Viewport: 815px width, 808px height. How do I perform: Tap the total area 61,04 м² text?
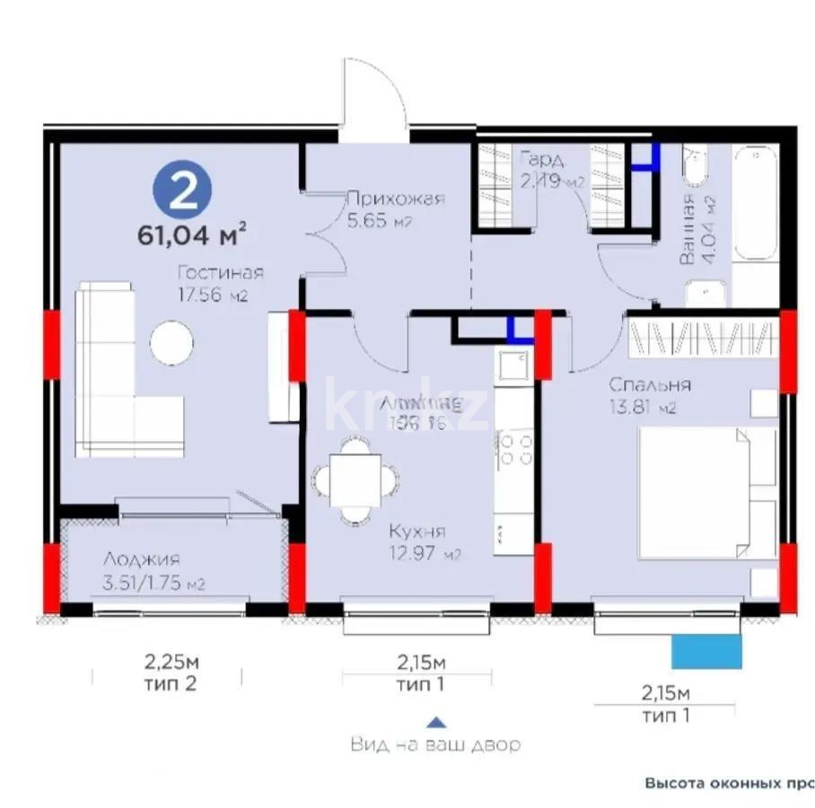[191, 236]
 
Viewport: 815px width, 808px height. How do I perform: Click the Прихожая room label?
[396, 199]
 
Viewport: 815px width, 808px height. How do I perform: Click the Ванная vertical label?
[687, 231]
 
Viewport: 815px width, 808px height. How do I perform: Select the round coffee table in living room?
[171, 342]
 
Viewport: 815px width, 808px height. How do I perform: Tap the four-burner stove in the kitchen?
[515, 449]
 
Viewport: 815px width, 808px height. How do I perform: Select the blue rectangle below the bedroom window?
[707, 650]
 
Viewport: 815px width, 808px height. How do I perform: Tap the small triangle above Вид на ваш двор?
[434, 721]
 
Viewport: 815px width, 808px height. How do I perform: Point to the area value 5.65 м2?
[380, 222]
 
